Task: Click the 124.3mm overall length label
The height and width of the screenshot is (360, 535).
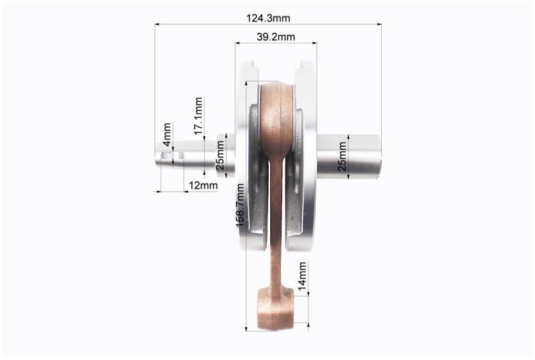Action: coord(268,18)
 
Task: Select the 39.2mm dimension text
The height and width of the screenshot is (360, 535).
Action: coord(276,37)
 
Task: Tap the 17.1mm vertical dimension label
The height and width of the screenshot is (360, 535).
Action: coord(199,116)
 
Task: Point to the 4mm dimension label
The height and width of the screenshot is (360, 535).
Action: coord(167,134)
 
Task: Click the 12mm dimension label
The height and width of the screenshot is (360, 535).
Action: coord(203,185)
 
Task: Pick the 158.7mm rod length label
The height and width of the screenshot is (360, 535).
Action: coord(240,205)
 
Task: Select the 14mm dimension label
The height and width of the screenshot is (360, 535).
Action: coord(302,276)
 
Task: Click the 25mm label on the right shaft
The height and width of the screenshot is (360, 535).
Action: coord(342,157)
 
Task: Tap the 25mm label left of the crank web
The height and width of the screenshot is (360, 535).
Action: coord(221,155)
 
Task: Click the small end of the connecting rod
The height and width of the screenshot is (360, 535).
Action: coord(275,308)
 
